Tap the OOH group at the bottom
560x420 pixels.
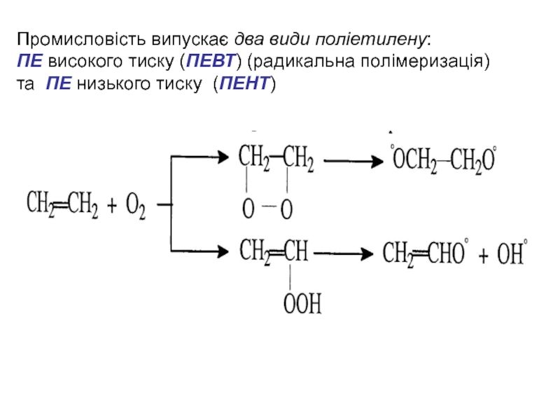pos(302,304)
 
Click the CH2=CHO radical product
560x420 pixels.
pos(424,254)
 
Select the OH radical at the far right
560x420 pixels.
pos(512,254)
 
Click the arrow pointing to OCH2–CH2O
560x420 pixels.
pos(355,162)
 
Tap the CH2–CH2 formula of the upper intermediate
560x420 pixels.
pos(276,158)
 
